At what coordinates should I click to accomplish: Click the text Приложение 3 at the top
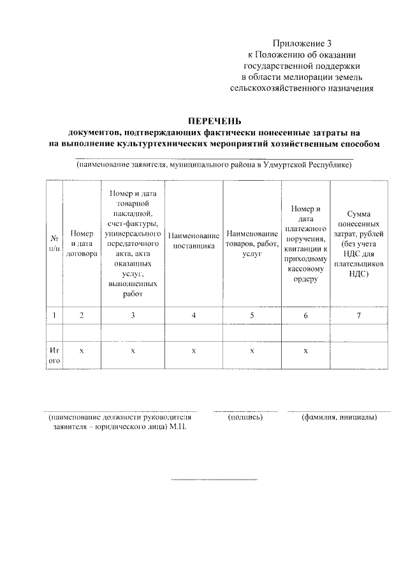tap(302, 43)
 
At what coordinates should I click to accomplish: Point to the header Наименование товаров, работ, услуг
tap(252, 243)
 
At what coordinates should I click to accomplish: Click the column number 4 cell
tap(194, 315)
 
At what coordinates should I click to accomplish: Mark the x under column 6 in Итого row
tap(306, 351)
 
